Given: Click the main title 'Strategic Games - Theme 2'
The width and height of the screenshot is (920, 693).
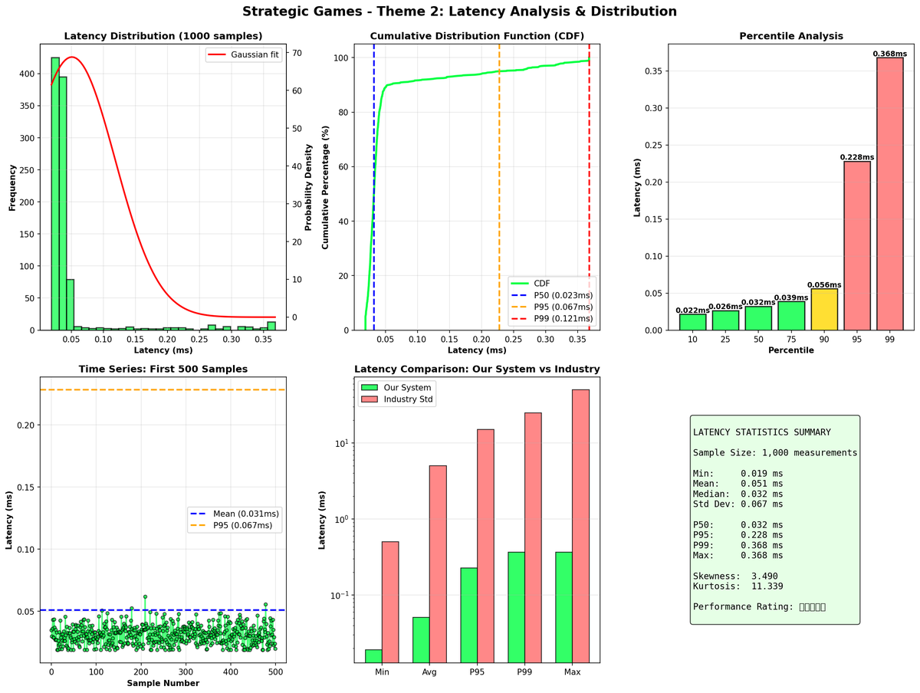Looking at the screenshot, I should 459,11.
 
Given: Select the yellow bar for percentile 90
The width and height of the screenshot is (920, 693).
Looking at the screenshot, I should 823,309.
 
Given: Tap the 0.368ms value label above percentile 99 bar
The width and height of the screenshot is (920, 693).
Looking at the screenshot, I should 889,53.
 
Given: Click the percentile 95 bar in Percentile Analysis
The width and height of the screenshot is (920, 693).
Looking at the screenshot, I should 856,245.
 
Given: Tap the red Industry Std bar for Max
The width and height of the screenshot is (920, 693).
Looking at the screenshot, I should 581,526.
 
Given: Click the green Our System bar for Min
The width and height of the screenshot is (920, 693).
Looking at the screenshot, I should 373,655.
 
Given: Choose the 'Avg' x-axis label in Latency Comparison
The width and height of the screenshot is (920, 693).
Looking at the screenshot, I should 429,672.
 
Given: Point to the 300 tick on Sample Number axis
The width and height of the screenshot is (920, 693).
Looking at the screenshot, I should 230,672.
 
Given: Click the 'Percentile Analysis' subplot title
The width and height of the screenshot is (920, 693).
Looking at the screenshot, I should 790,36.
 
